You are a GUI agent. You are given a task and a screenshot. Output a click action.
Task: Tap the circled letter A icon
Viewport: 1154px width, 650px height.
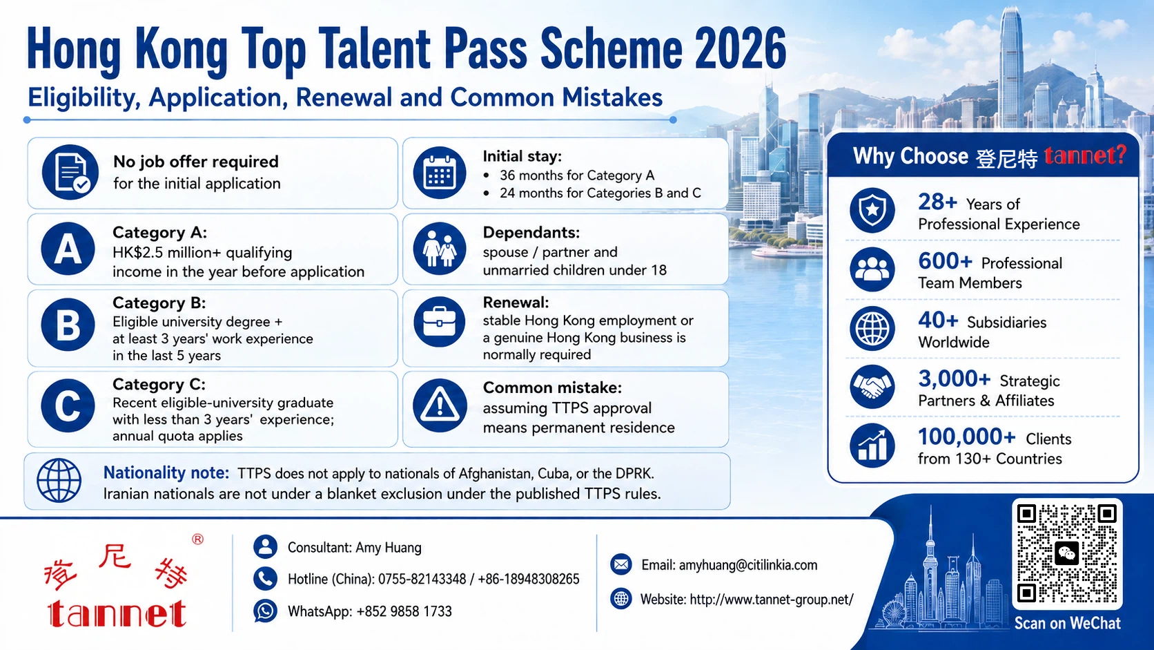(68, 249)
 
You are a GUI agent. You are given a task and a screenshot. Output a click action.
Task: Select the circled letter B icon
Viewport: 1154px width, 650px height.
(68, 325)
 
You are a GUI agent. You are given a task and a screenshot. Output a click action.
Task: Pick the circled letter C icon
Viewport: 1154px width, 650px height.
(68, 405)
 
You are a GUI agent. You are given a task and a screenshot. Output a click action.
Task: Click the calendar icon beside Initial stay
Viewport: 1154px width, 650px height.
(440, 173)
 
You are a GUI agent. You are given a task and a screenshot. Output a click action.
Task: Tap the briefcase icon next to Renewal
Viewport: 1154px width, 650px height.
(440, 322)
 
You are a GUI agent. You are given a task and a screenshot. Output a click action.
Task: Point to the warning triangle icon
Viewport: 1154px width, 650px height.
(440, 405)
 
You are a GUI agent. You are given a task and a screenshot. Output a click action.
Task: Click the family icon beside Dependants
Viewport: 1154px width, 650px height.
(440, 249)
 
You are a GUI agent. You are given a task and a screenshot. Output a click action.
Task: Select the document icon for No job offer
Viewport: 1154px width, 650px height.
(70, 172)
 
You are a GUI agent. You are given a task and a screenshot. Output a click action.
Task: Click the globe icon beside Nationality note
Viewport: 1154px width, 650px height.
(59, 480)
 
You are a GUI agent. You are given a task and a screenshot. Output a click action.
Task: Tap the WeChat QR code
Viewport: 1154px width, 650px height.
(1067, 553)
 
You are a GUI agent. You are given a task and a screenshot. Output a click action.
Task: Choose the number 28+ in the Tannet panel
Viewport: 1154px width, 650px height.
(937, 202)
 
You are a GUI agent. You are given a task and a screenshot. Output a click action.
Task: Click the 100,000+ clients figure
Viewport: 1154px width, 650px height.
(966, 437)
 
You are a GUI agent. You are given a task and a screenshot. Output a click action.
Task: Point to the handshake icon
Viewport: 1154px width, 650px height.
(872, 387)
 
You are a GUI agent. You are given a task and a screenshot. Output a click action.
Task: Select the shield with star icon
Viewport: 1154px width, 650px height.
(872, 210)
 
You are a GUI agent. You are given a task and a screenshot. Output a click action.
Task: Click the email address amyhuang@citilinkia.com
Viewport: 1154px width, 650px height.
(748, 566)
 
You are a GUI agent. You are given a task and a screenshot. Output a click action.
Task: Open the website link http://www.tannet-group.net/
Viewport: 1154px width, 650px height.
(771, 600)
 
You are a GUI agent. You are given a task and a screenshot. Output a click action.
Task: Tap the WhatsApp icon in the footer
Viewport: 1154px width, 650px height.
(265, 611)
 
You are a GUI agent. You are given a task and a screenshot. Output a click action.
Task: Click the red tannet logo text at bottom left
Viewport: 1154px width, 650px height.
(117, 613)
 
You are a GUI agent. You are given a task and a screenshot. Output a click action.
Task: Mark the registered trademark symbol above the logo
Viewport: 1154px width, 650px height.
(198, 539)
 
